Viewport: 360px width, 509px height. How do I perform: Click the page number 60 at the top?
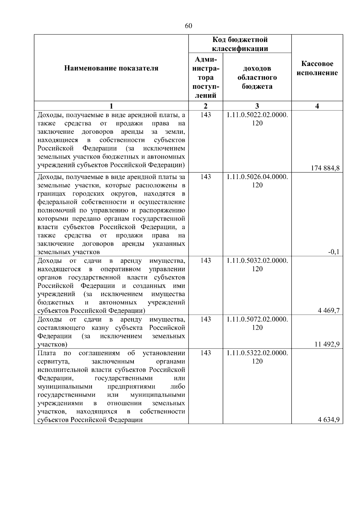click(x=188, y=26)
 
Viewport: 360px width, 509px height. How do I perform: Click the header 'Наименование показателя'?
click(x=111, y=68)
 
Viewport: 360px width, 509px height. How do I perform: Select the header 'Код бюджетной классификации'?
click(x=240, y=44)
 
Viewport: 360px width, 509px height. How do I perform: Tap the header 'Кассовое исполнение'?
click(x=317, y=68)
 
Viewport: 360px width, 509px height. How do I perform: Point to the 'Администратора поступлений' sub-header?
click(x=205, y=77)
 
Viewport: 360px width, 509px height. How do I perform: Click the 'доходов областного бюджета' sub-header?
click(x=257, y=77)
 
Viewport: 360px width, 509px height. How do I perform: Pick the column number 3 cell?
click(x=257, y=106)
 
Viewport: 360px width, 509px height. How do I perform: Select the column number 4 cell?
click(x=317, y=106)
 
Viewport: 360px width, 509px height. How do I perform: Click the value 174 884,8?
click(x=325, y=168)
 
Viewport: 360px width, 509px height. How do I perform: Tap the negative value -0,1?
click(x=334, y=252)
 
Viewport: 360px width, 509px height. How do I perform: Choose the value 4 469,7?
click(x=328, y=311)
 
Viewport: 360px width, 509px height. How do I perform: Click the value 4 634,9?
click(x=328, y=420)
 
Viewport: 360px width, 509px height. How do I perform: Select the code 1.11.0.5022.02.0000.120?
click(x=257, y=119)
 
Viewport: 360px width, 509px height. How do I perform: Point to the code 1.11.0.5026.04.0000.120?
click(x=257, y=181)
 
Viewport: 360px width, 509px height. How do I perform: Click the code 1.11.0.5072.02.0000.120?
click(x=257, y=323)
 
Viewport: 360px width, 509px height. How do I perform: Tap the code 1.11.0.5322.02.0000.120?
click(x=257, y=357)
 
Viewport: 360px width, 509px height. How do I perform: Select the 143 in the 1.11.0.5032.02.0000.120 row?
click(x=205, y=261)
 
